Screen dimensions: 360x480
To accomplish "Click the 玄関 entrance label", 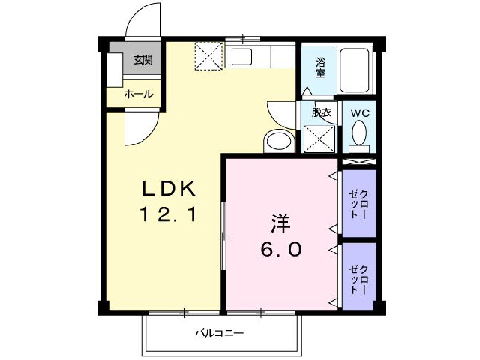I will coord(143,60).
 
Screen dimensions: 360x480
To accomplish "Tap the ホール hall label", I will coord(138,94).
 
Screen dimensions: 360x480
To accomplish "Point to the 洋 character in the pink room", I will coord(280,223).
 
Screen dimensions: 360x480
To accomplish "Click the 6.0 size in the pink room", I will coord(281,250).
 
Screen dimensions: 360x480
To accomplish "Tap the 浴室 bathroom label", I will coord(320,67).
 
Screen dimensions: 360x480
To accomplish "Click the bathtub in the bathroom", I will coord(357,70).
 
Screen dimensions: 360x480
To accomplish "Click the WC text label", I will coord(359,112).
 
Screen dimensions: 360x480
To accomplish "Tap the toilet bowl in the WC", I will coord(359,135).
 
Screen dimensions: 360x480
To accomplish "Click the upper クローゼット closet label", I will coord(358,205).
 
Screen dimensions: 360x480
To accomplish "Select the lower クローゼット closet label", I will coord(358,277).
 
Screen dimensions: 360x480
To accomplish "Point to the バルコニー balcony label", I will coord(220,332).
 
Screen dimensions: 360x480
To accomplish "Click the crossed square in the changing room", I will coord(319,138).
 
